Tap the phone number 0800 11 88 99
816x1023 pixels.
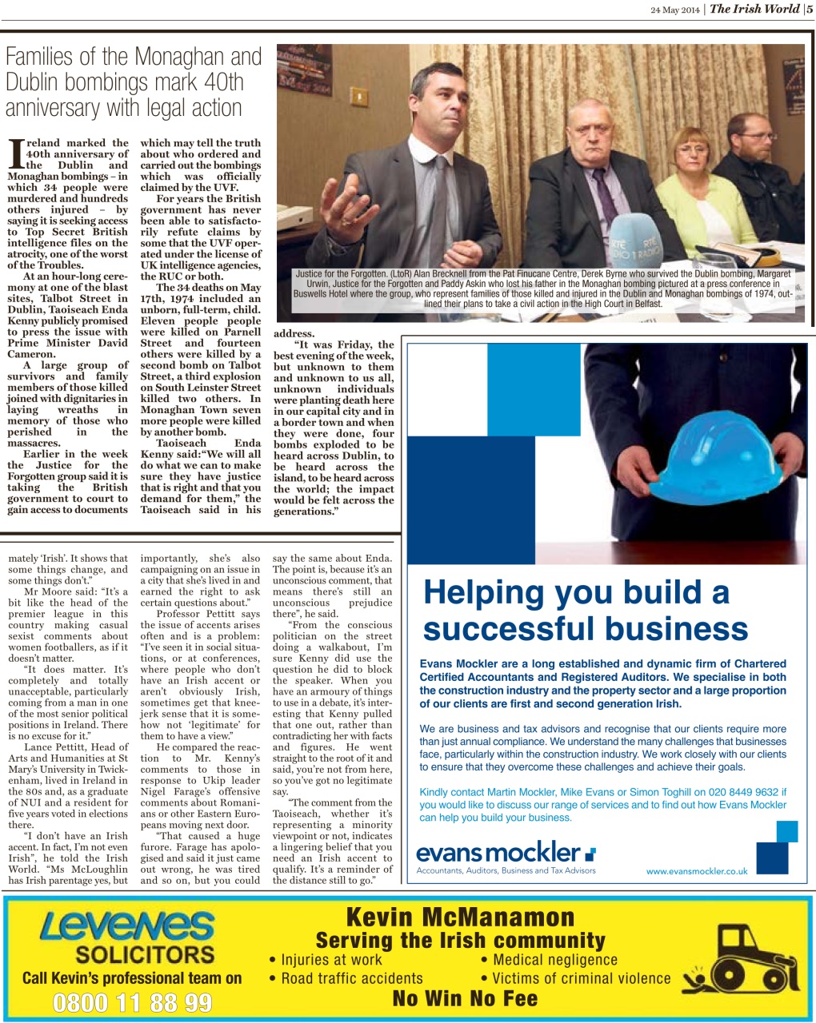(133, 1002)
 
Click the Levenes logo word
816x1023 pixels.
(127, 927)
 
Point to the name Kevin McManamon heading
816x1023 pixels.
(460, 916)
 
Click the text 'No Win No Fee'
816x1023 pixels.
(465, 999)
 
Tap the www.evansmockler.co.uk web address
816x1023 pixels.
(697, 871)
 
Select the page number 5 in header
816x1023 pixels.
(810, 9)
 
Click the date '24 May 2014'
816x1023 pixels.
(674, 10)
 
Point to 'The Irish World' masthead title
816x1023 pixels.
(754, 9)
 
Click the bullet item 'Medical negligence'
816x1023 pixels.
(554, 960)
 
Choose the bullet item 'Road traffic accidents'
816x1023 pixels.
(351, 978)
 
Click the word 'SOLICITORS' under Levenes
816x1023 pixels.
(145, 954)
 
